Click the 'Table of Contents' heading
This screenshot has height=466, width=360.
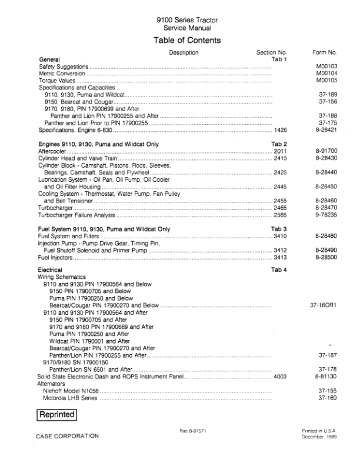click(187, 41)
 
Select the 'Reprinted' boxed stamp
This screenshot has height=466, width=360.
click(57, 415)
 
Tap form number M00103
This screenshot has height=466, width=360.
click(326, 66)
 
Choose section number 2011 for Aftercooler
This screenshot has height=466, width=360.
click(280, 151)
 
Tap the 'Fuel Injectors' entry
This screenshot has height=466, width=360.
click(55, 257)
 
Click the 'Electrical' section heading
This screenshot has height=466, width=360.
click(51, 269)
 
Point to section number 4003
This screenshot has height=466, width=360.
click(280, 376)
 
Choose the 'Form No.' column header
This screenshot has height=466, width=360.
click(324, 53)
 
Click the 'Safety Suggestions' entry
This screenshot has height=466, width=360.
click(63, 66)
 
